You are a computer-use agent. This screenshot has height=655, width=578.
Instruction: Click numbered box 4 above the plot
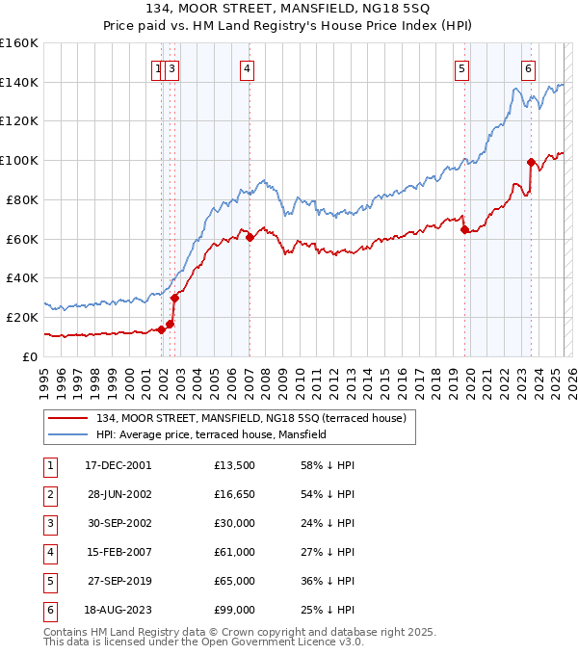[248, 68]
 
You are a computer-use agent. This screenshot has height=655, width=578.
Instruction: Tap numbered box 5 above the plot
[462, 68]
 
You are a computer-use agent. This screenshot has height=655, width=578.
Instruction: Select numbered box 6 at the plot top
[529, 68]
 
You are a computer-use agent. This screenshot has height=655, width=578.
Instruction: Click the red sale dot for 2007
[250, 237]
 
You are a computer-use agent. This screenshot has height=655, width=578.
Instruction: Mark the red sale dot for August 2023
[531, 162]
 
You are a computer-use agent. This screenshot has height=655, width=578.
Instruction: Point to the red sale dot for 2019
[464, 229]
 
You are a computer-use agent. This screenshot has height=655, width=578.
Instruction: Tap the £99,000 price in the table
[235, 610]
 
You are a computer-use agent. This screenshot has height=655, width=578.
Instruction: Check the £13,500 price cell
[235, 466]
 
